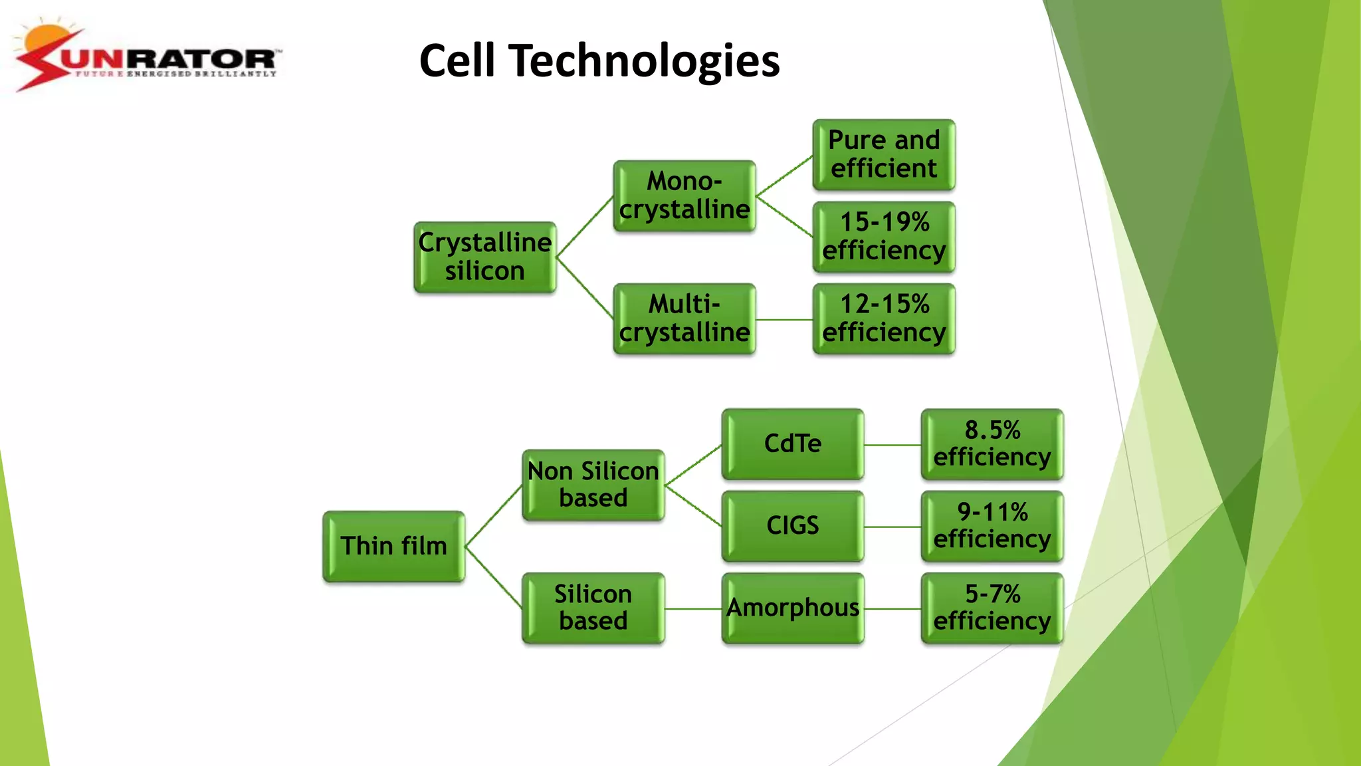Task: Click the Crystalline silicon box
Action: [484, 257]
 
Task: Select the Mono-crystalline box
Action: [684, 196]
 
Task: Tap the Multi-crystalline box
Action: [684, 319]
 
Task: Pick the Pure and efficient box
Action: [883, 155]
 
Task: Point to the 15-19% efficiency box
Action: [883, 237]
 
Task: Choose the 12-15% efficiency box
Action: [883, 319]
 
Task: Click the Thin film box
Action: [393, 547]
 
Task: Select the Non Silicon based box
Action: [593, 485]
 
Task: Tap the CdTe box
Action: [792, 444]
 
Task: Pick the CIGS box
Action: [792, 526]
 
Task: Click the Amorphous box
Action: [792, 608]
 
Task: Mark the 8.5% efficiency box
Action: [992, 444]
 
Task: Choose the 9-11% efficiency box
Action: [992, 526]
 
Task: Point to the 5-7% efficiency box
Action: [992, 608]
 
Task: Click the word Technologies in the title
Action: [644, 61]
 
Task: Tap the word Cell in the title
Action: [457, 61]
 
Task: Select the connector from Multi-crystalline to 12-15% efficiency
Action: [784, 320]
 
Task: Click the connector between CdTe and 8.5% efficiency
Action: [892, 445]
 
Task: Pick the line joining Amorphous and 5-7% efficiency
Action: [892, 608]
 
